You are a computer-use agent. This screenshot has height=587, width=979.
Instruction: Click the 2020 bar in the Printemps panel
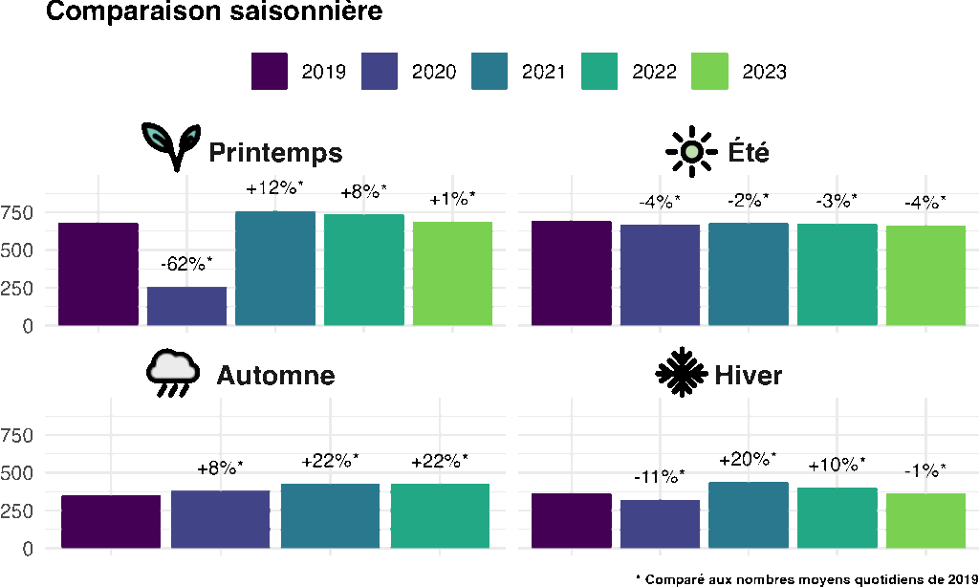[x=186, y=306]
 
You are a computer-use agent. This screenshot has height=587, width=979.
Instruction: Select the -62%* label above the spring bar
[x=186, y=264]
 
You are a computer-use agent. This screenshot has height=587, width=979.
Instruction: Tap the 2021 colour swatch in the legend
[x=489, y=71]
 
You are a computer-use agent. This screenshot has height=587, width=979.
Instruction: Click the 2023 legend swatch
[x=709, y=71]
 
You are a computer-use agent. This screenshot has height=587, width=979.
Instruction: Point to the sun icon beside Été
[x=691, y=151]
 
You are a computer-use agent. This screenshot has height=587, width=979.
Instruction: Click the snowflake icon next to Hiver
[x=681, y=372]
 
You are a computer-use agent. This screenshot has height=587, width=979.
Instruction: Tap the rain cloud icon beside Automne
[x=173, y=374]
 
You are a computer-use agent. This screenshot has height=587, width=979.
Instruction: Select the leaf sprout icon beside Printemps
[x=171, y=146]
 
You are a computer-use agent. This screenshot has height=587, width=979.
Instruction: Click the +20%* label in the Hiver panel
[x=748, y=459]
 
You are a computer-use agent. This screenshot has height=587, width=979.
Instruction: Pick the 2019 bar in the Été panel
[x=572, y=272]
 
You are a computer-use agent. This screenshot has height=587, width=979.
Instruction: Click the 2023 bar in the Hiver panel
[x=925, y=521]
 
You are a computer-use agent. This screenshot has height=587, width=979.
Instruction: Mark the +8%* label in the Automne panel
[x=220, y=467]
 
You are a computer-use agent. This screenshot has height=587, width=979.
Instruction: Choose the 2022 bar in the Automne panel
[x=440, y=516]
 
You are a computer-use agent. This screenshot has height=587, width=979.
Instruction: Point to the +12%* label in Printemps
[x=274, y=188]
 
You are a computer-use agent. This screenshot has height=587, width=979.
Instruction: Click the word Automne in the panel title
[x=276, y=376]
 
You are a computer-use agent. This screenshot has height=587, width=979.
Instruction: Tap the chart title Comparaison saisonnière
[x=214, y=11]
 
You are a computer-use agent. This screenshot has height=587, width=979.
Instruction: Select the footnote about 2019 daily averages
[x=807, y=579]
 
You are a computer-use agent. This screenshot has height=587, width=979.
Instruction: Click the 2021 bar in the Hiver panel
[x=749, y=515]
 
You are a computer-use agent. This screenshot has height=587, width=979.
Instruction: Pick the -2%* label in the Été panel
[x=748, y=201]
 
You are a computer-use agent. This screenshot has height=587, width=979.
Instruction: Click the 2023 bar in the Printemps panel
[x=452, y=273]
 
